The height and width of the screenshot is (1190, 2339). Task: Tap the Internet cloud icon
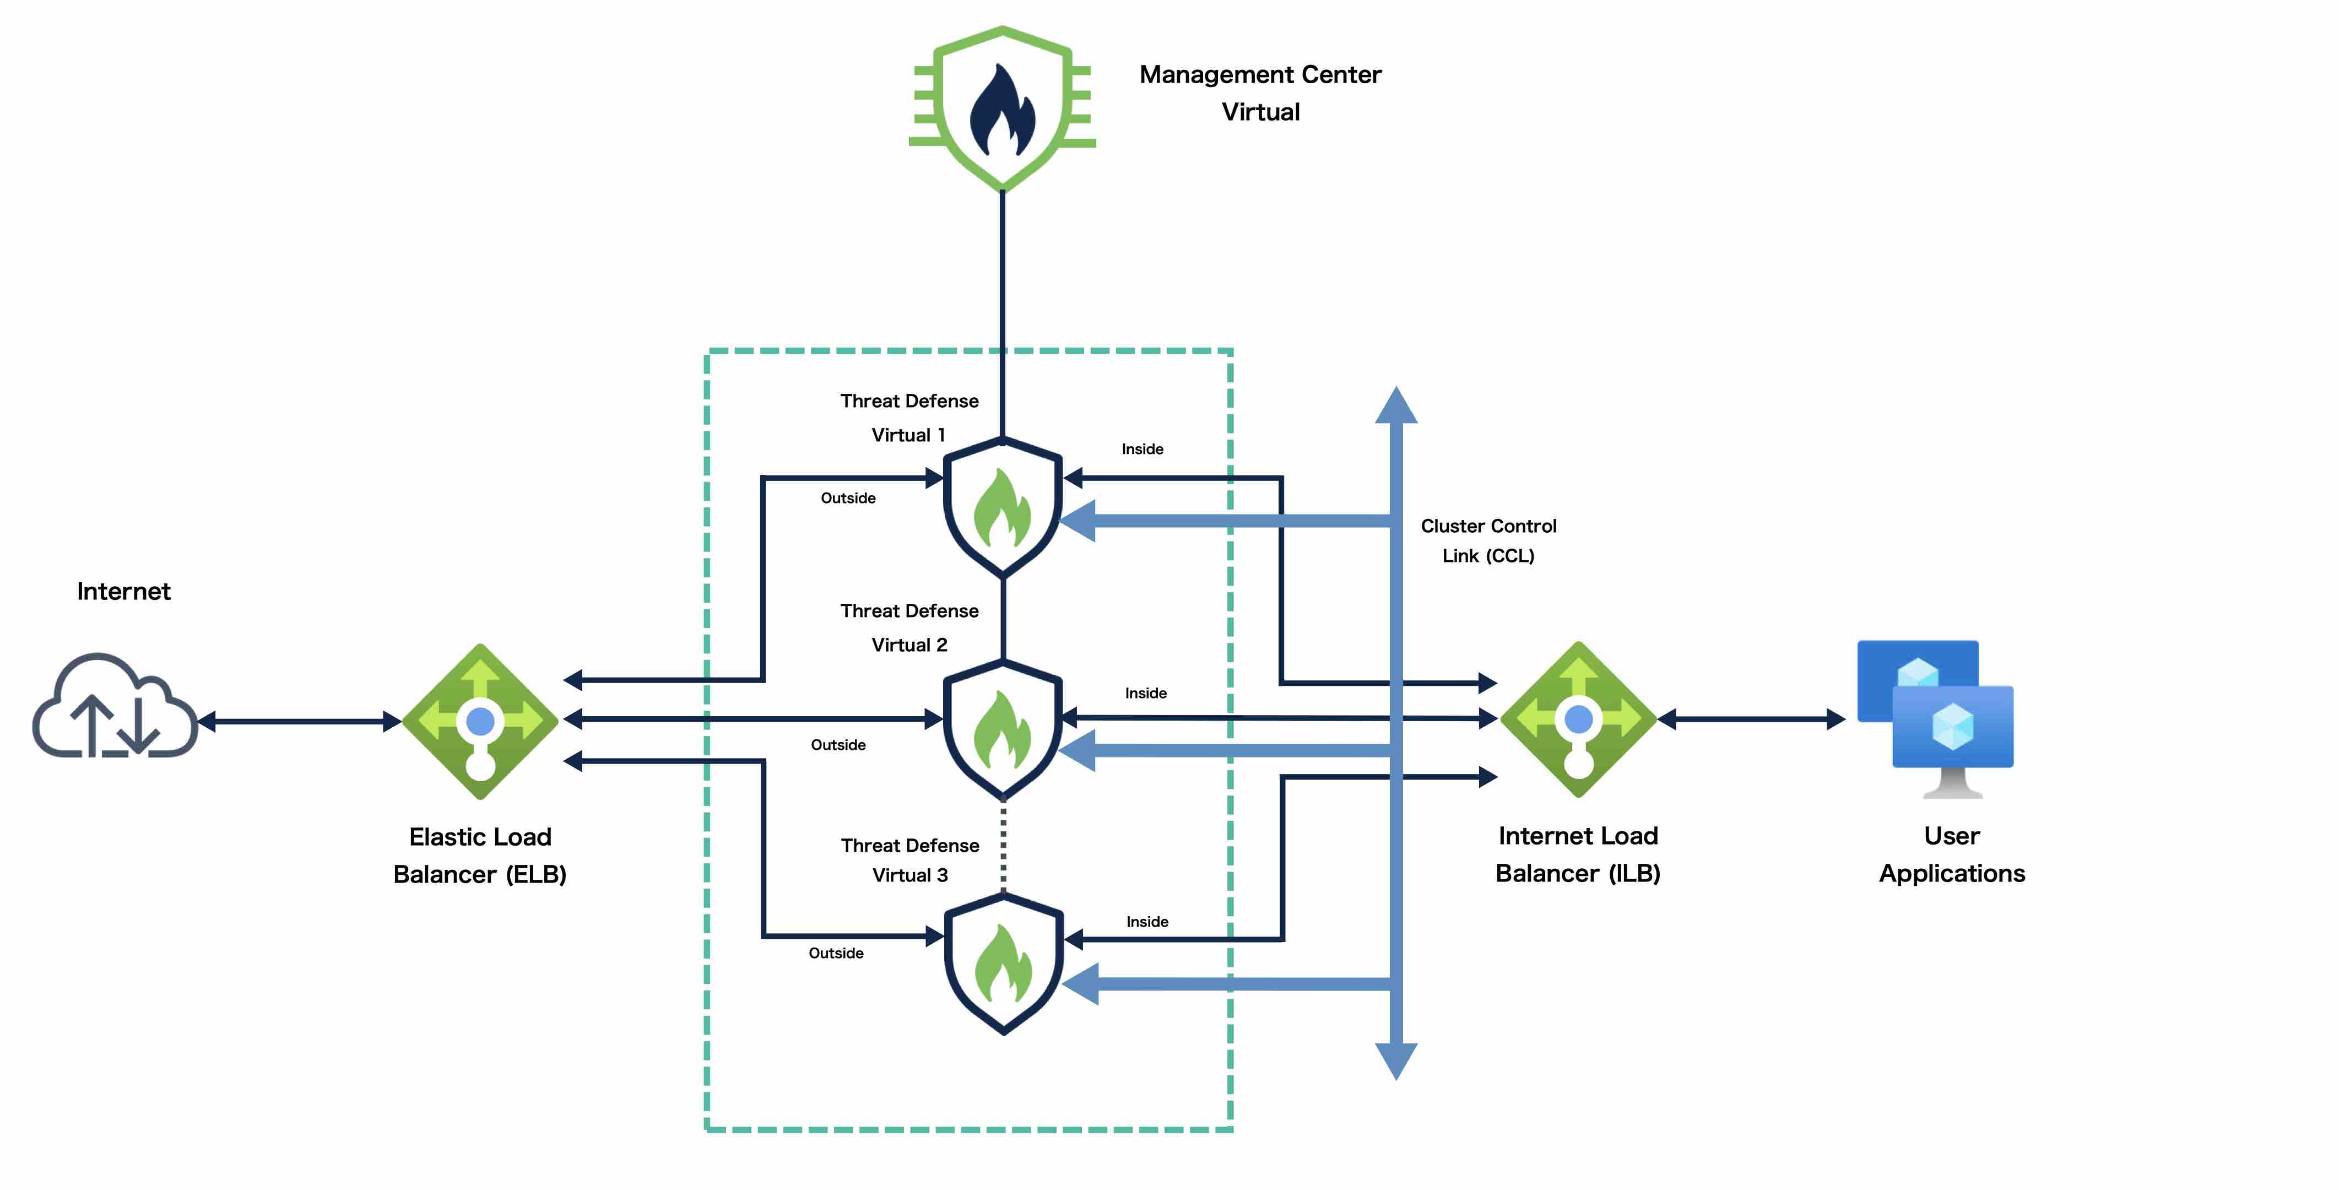tap(115, 705)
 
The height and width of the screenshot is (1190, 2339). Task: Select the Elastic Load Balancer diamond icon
tap(480, 721)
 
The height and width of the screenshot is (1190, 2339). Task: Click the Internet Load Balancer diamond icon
tap(1579, 720)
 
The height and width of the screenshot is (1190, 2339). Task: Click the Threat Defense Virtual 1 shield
tap(1003, 507)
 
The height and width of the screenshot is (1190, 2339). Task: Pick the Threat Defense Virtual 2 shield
tap(1003, 729)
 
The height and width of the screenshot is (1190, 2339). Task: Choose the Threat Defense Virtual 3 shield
tap(1003, 963)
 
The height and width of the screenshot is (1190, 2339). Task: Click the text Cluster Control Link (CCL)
tap(1488, 540)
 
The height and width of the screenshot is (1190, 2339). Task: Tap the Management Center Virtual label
tap(1260, 93)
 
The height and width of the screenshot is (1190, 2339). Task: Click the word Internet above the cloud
tap(123, 591)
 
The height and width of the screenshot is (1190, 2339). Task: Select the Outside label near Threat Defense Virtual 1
tap(848, 498)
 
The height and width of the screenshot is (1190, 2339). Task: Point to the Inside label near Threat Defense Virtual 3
tap(1147, 921)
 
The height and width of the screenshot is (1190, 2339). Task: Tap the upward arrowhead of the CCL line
tap(1396, 404)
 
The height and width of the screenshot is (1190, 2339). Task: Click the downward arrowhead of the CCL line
tap(1396, 1061)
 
